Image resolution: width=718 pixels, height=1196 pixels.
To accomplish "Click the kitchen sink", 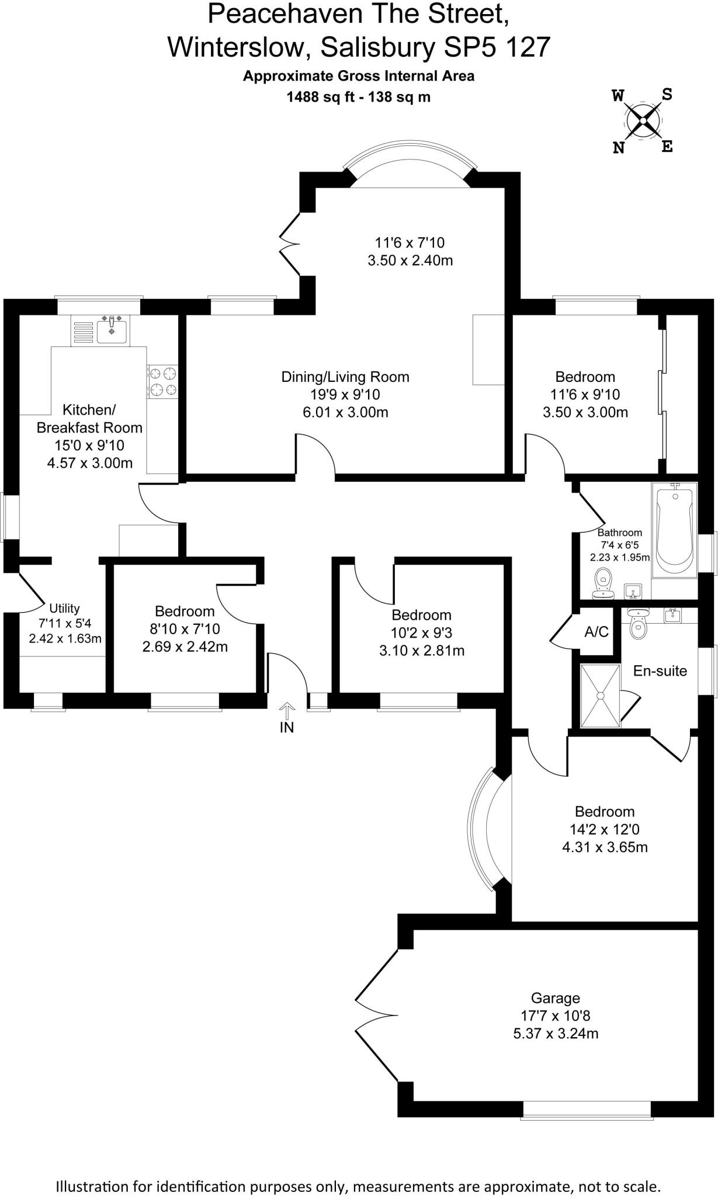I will tap(111, 331).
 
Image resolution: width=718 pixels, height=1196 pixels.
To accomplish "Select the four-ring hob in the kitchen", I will tap(163, 381).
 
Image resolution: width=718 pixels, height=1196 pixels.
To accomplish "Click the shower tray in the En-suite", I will tap(600, 696).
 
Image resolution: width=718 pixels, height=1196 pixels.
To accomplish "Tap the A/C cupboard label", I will tap(596, 632).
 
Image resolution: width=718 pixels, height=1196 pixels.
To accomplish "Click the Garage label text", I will tap(555, 998).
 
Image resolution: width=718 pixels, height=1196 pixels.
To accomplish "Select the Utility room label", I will tap(64, 609).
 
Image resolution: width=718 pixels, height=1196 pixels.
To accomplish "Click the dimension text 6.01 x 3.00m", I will tap(345, 412).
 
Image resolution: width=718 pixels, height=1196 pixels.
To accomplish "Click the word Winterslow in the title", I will tap(238, 47).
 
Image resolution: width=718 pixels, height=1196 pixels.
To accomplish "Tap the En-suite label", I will tap(660, 671).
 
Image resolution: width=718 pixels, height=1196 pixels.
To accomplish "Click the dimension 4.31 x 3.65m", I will tap(605, 847).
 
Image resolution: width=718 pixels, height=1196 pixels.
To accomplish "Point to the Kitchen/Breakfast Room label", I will tap(89, 418).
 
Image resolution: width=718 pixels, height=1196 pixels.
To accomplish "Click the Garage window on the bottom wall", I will tap(587, 1110).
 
